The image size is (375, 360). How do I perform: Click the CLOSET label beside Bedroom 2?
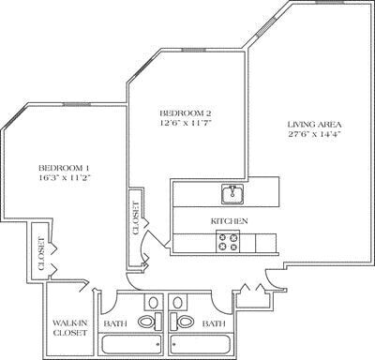coord(136,217)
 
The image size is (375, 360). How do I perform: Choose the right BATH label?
coord(214,323)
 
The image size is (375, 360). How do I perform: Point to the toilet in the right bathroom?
coord(184,322)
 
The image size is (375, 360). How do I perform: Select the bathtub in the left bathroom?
coord(131,344)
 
